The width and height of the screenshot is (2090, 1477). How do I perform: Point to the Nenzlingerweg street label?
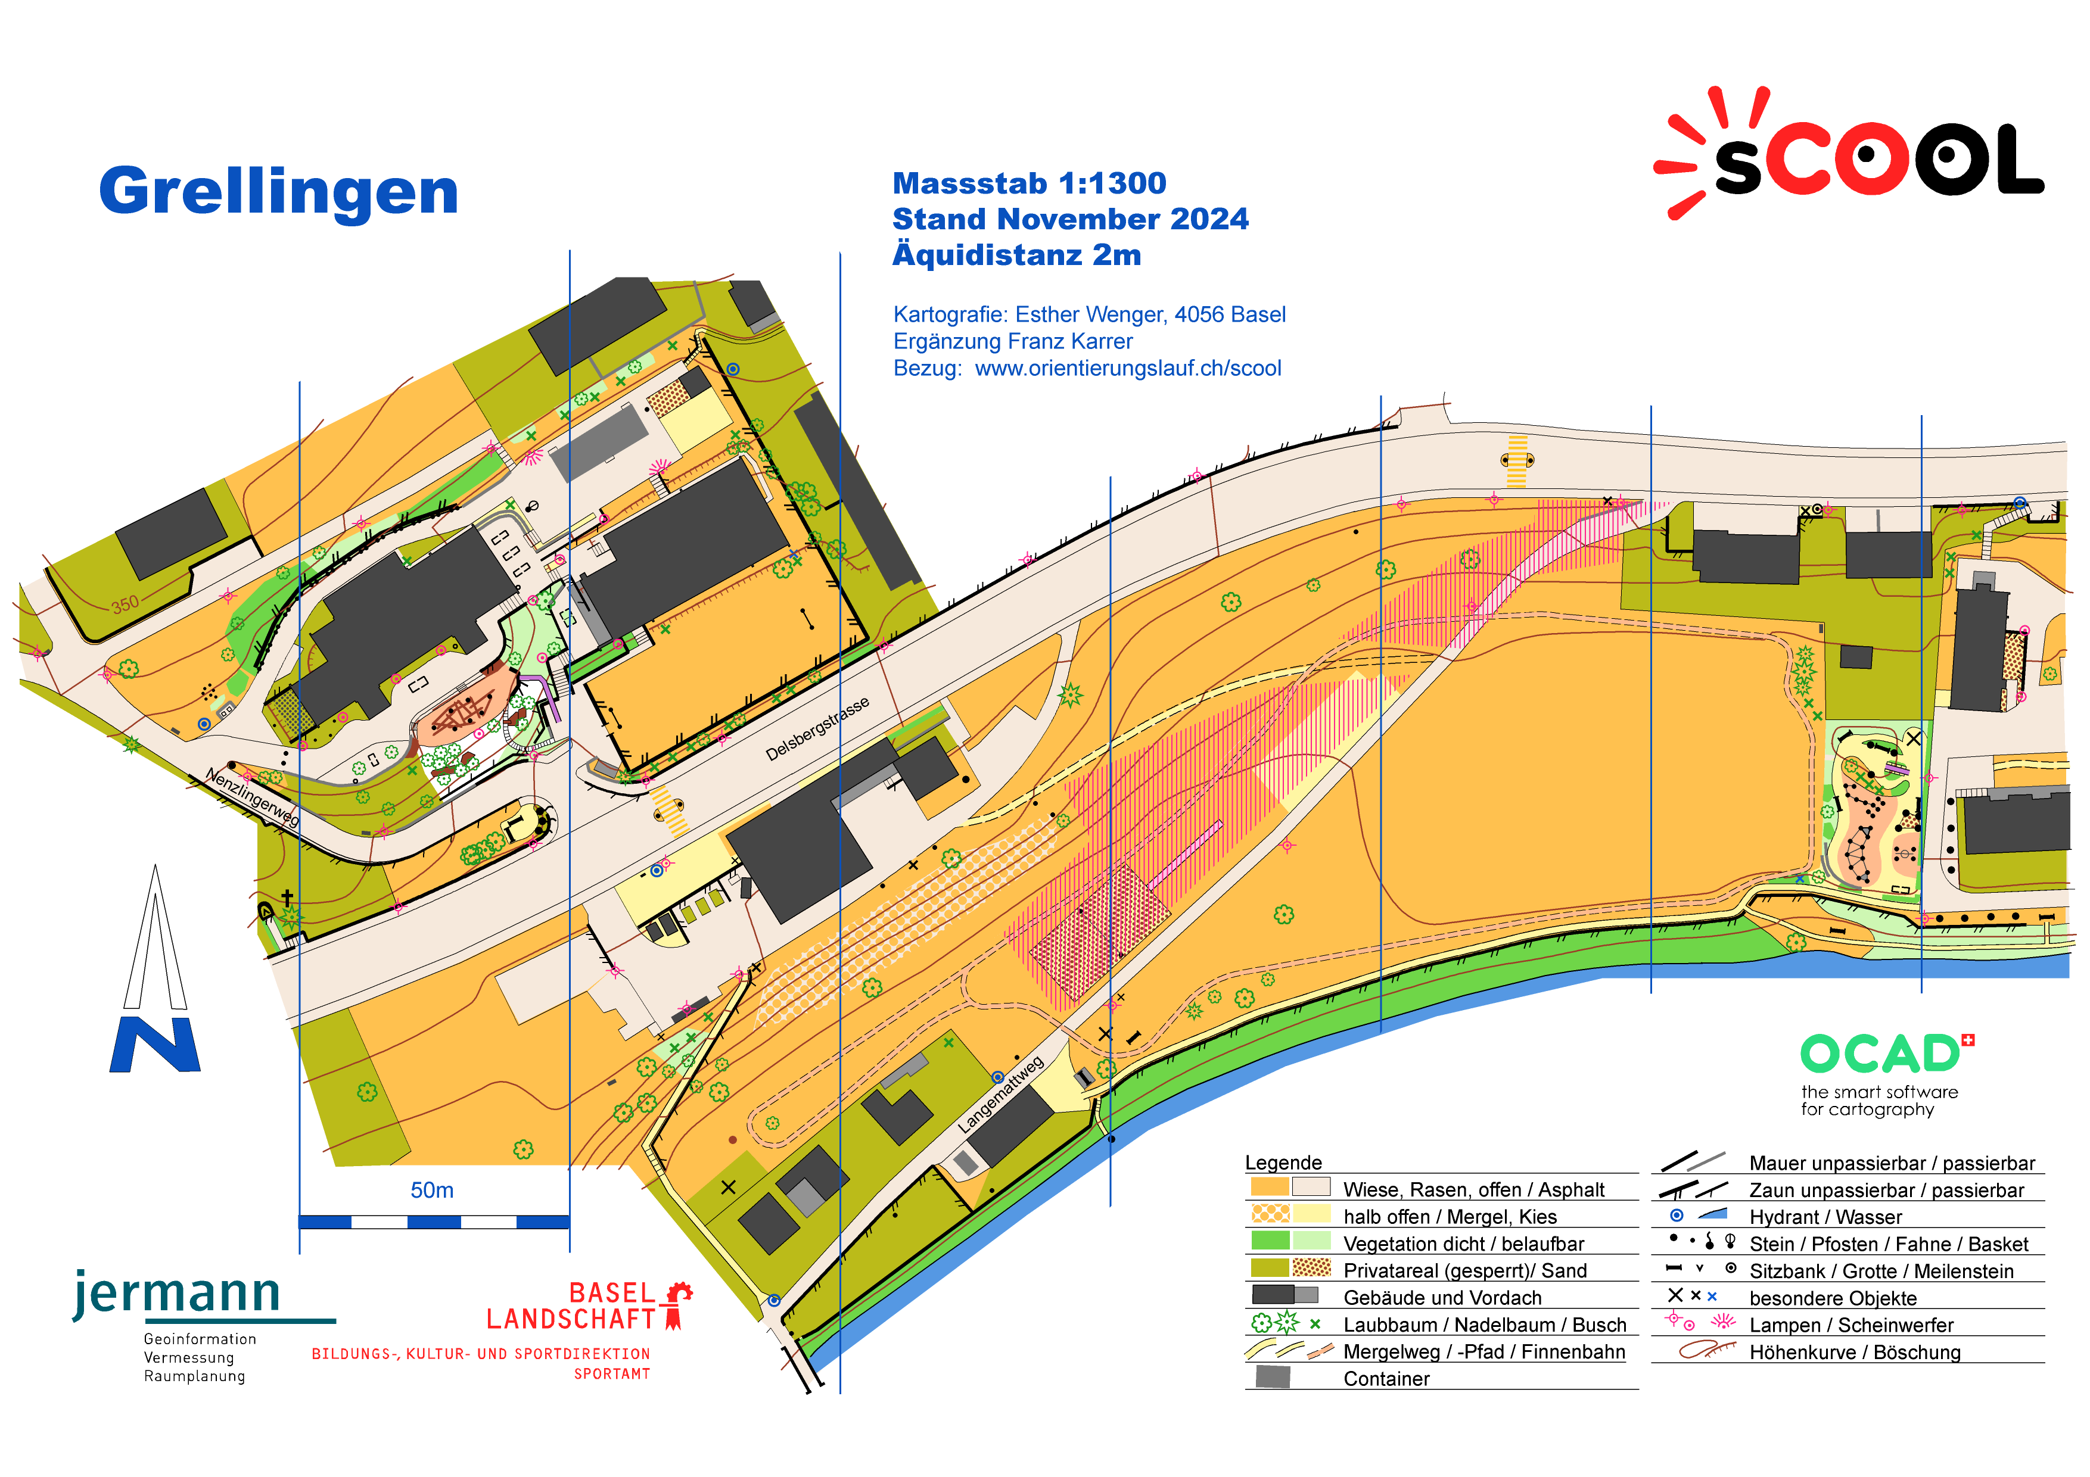pyautogui.click(x=252, y=796)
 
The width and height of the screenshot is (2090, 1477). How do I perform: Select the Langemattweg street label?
pyautogui.click(x=1000, y=1094)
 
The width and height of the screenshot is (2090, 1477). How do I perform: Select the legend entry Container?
pyautogui.click(x=1385, y=1379)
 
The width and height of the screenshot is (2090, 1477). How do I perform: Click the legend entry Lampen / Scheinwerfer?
pyautogui.click(x=1850, y=1325)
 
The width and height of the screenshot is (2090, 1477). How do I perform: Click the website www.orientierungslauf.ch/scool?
pyautogui.click(x=1127, y=369)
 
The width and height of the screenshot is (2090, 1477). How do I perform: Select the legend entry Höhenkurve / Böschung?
pyautogui.click(x=1854, y=1353)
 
